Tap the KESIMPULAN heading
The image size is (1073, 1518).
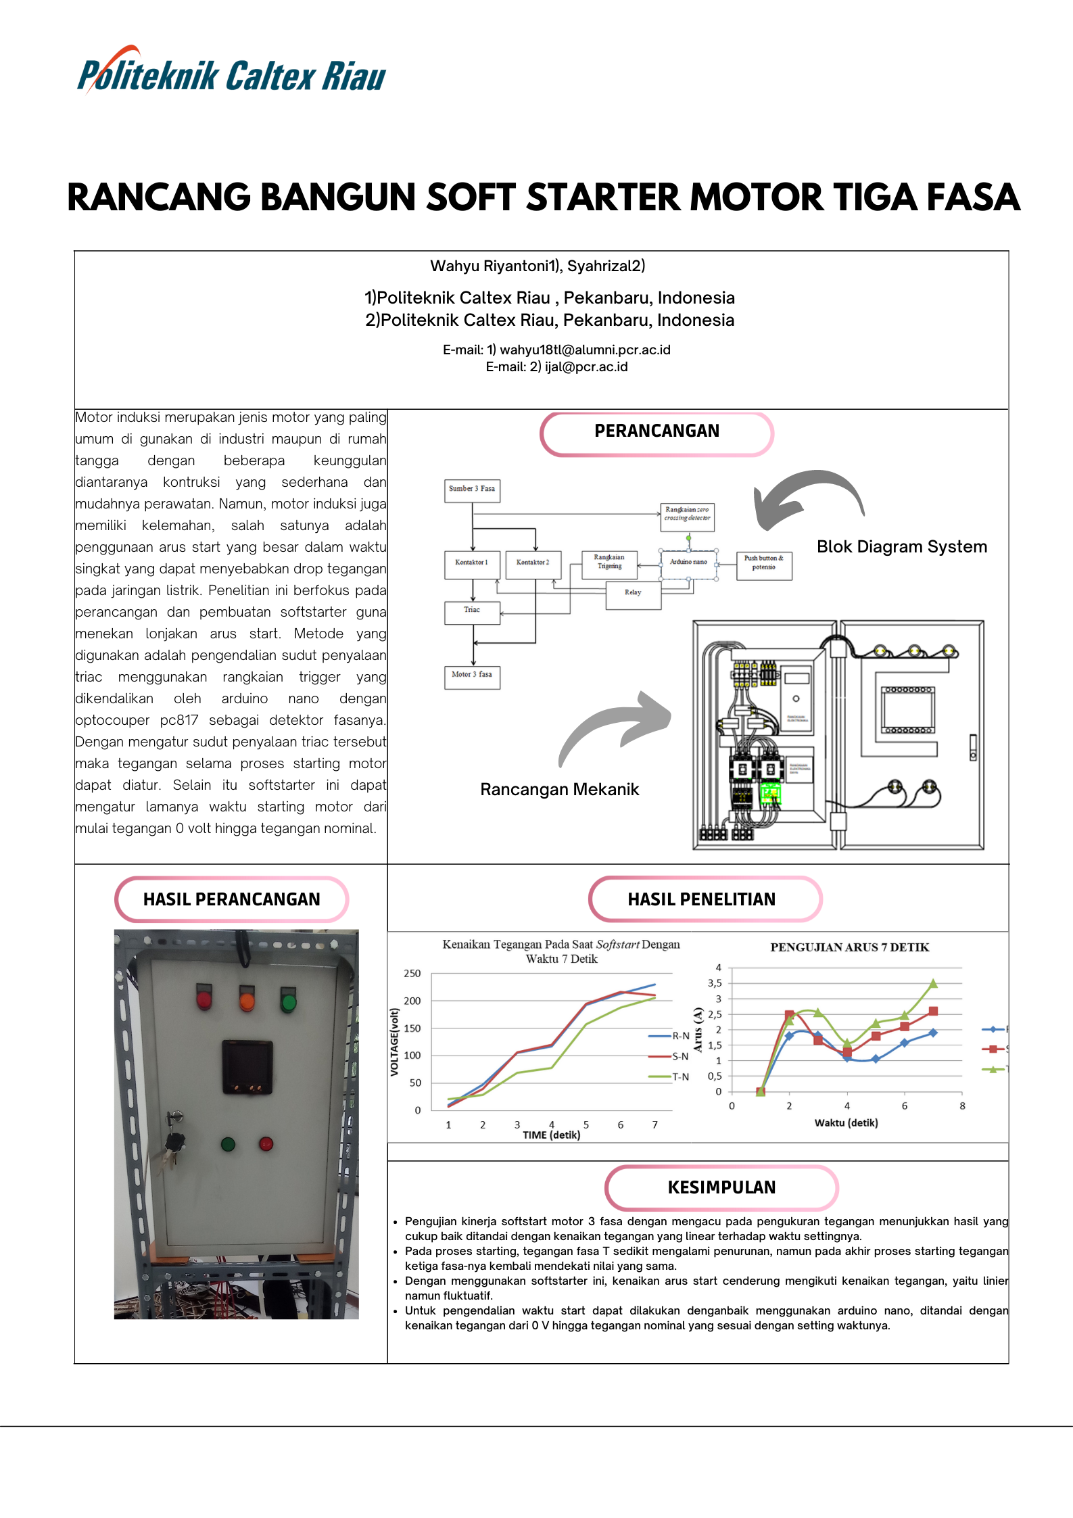[721, 1187]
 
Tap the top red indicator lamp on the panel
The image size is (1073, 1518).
[204, 998]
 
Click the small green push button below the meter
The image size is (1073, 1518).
[228, 1144]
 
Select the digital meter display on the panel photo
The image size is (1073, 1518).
[247, 1067]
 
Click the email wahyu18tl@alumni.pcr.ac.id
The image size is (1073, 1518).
[585, 350]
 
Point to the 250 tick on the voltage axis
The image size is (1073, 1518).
[412, 973]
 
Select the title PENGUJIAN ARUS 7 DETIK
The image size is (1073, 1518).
[849, 947]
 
